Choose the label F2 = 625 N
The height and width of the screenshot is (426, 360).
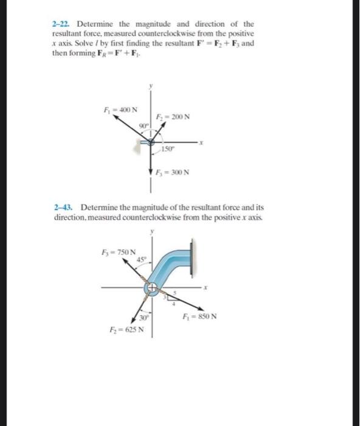(130, 329)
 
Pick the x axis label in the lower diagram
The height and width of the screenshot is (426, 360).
(206, 288)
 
